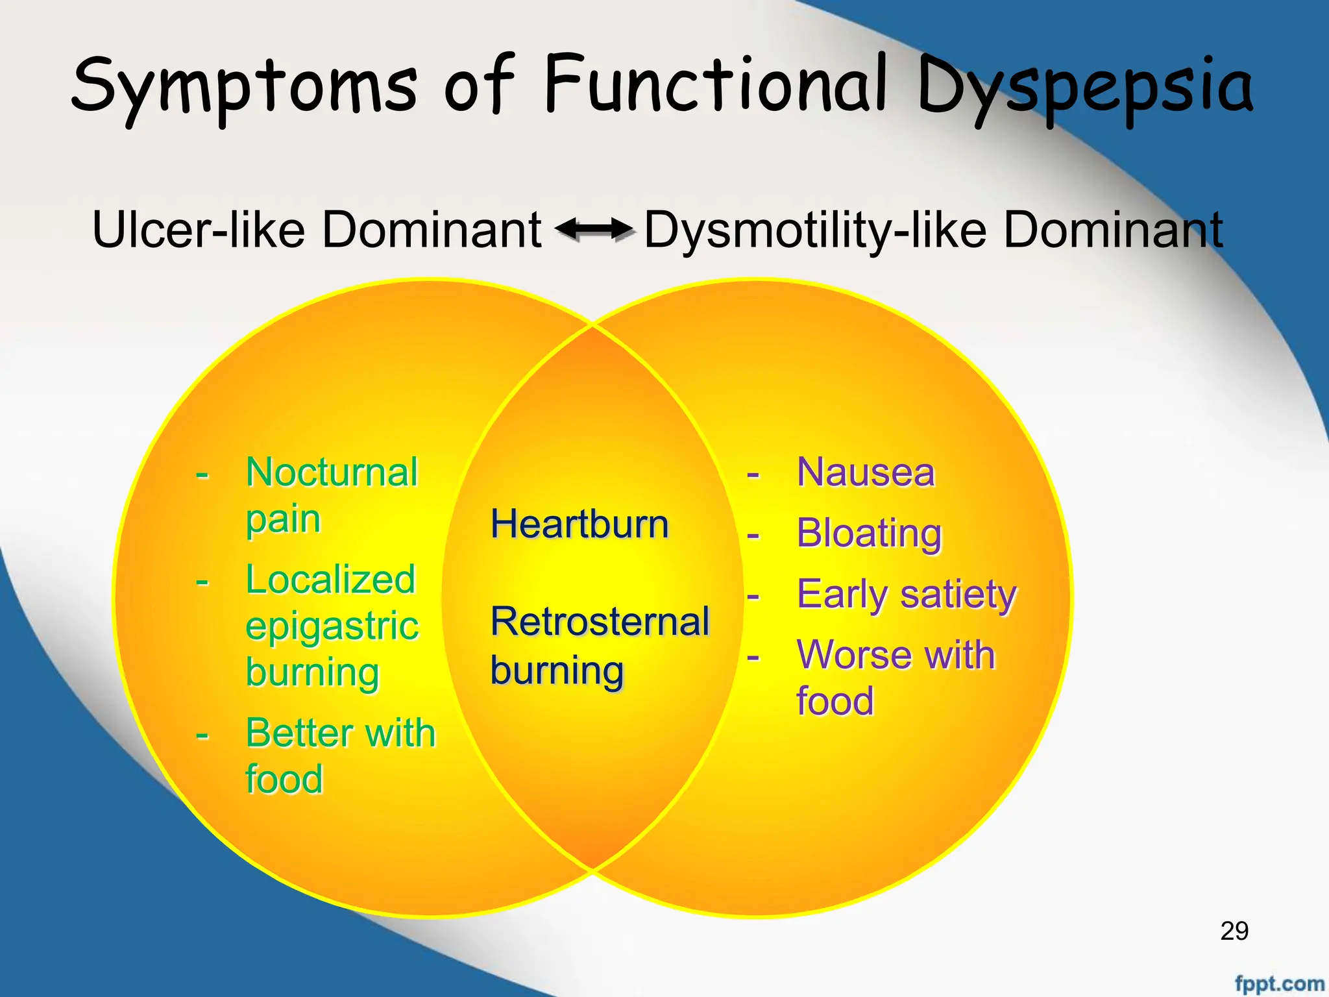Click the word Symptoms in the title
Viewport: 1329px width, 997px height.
click(x=243, y=88)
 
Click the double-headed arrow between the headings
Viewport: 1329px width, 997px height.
click(x=594, y=229)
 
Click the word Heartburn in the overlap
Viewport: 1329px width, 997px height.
click(x=579, y=524)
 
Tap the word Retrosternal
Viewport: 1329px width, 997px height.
click(x=600, y=621)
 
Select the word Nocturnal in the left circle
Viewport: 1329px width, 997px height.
click(x=332, y=472)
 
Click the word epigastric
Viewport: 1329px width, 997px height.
click(x=332, y=626)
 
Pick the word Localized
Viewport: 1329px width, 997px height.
click(x=330, y=579)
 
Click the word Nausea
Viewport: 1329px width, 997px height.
click(x=866, y=472)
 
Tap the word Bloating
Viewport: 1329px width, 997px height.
click(x=869, y=533)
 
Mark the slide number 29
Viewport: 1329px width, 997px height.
click(x=1234, y=931)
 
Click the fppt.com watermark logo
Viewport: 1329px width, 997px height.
click(x=1278, y=983)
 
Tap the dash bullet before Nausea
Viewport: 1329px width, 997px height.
click(x=753, y=474)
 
